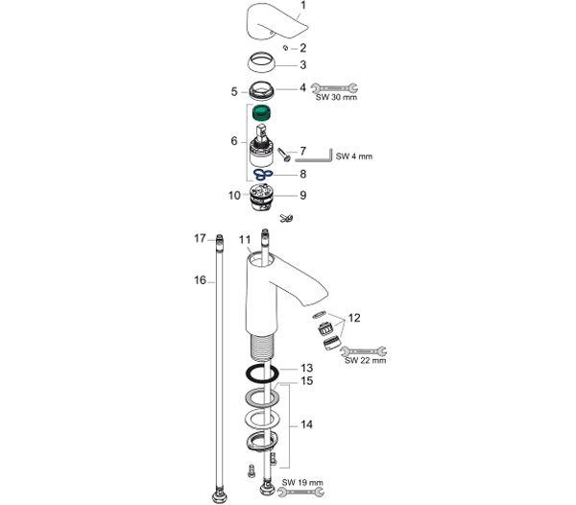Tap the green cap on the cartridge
pyautogui.click(x=261, y=112)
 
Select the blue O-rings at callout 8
pyautogui.click(x=263, y=174)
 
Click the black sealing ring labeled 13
pyautogui.click(x=262, y=374)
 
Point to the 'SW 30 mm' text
pyautogui.click(x=336, y=98)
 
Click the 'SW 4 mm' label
pyautogui.click(x=353, y=156)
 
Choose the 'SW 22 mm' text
pyautogui.click(x=365, y=360)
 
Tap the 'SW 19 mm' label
pyautogui.click(x=302, y=482)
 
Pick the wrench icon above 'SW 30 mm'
pyautogui.click(x=334, y=88)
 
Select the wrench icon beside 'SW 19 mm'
pyautogui.click(x=300, y=493)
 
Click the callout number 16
pyautogui.click(x=201, y=280)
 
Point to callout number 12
pyautogui.click(x=354, y=318)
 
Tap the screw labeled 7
pyautogui.click(x=284, y=155)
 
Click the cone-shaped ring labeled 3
pyautogui.click(x=261, y=62)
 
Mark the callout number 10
pyautogui.click(x=234, y=196)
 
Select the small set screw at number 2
pyautogui.click(x=285, y=48)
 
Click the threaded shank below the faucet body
pyautogui.click(x=261, y=348)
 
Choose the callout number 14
pyautogui.click(x=307, y=424)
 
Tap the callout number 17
pyautogui.click(x=201, y=239)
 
